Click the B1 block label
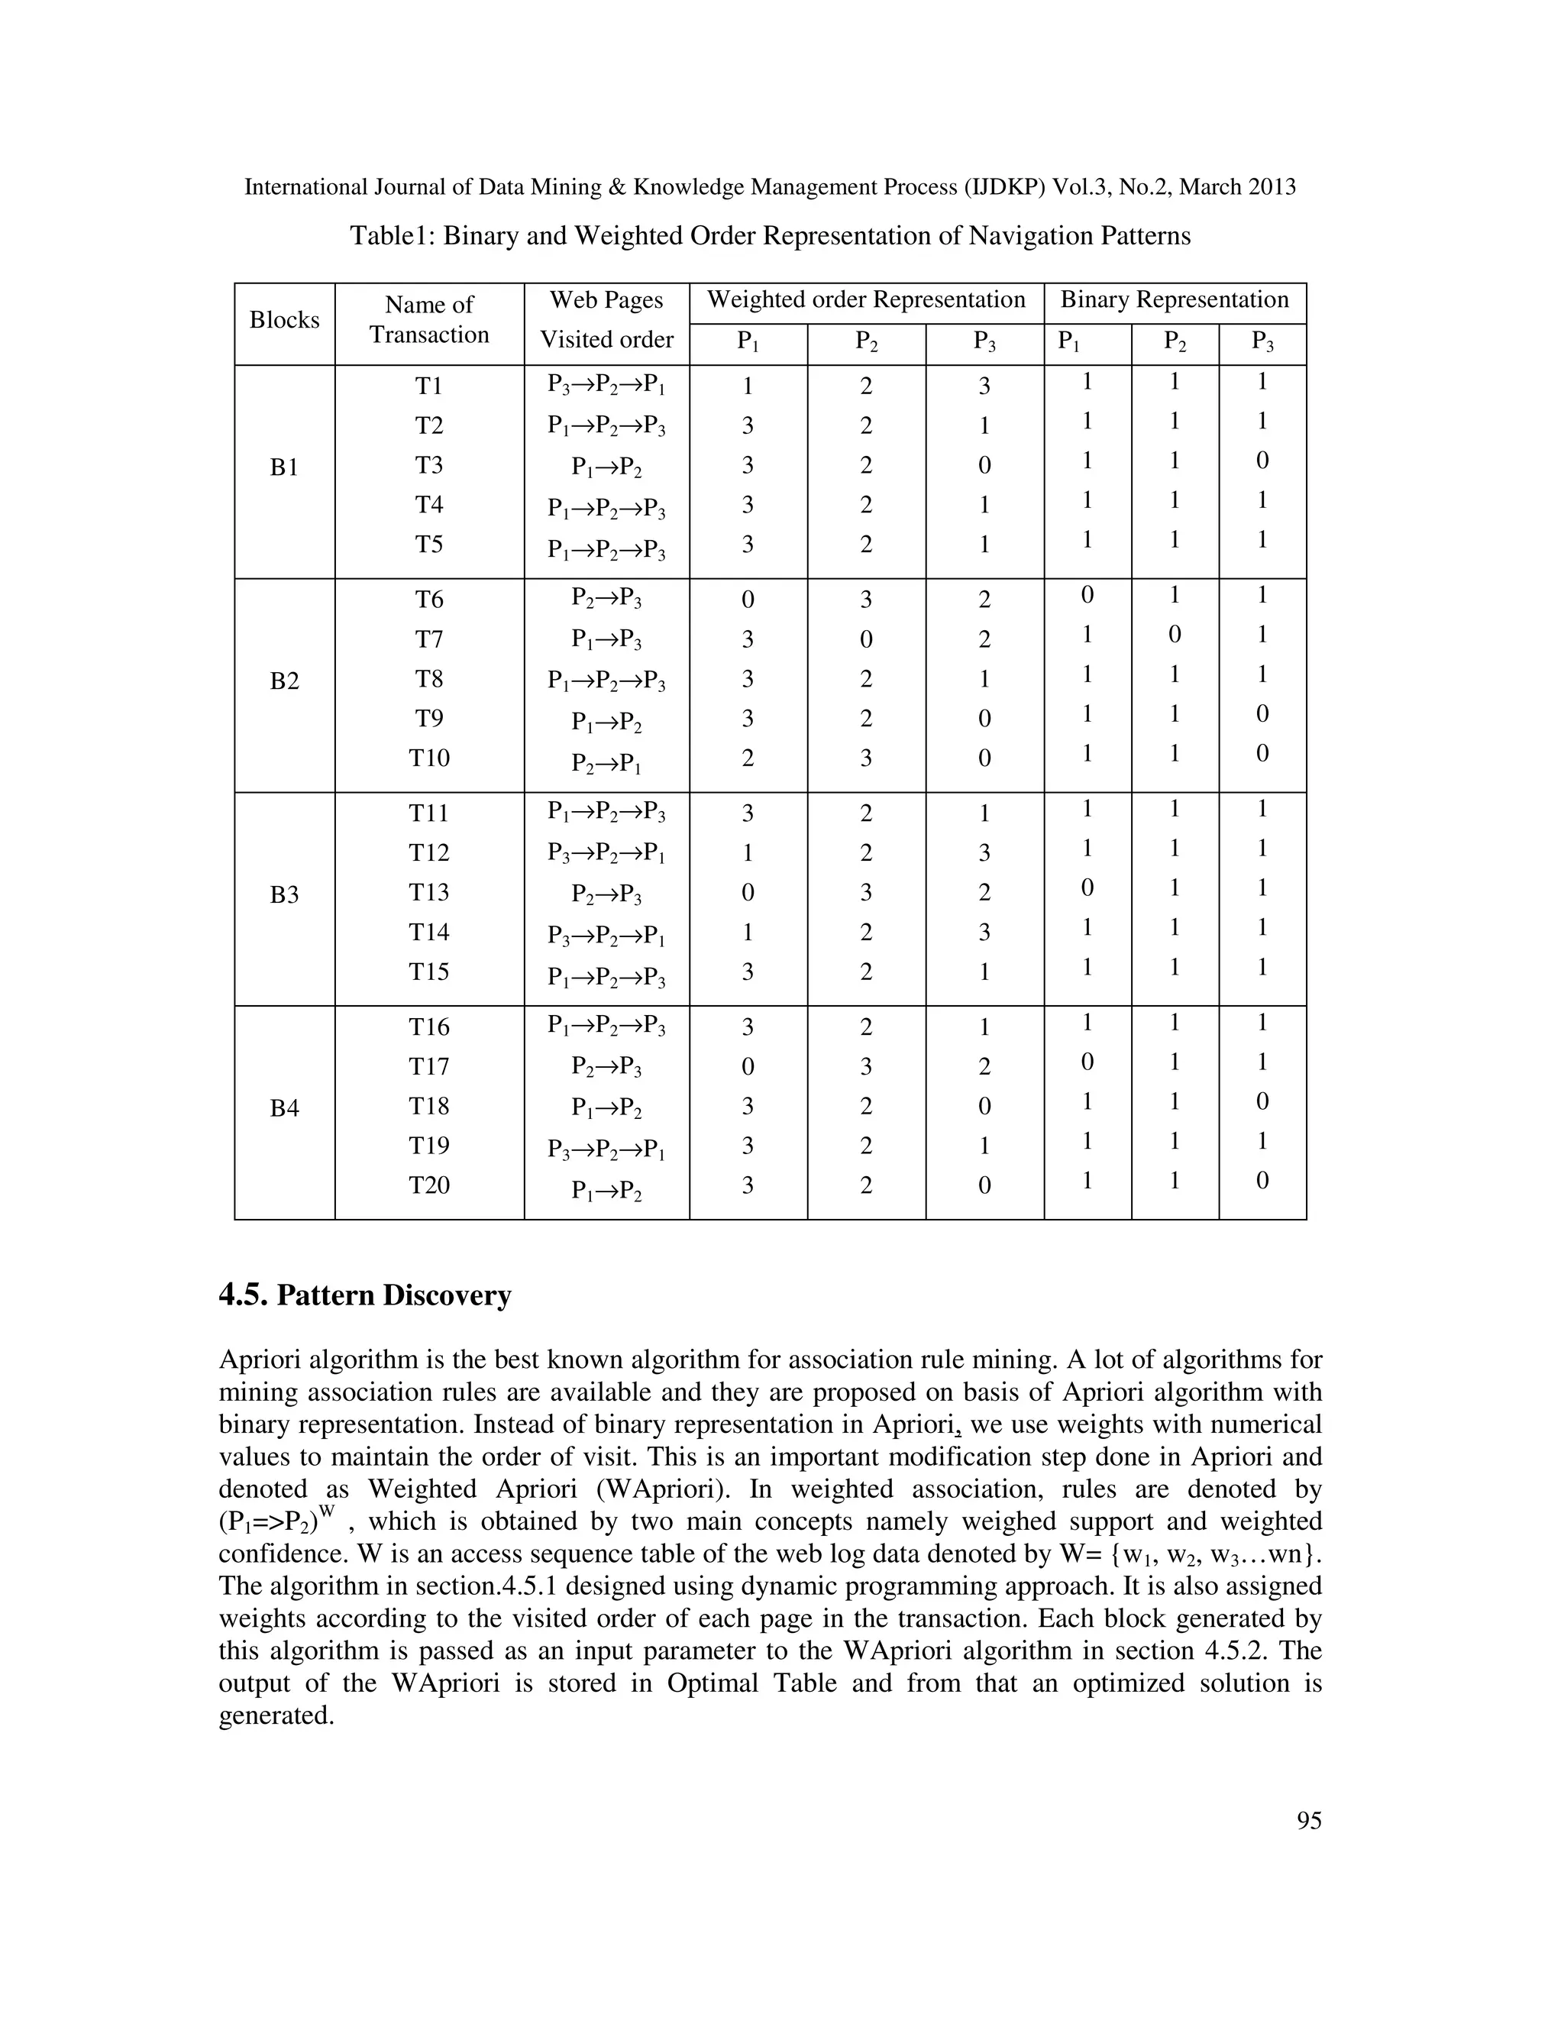pyautogui.click(x=284, y=468)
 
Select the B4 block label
pyautogui.click(x=284, y=1108)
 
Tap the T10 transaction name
pyautogui.click(x=429, y=758)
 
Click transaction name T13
pyautogui.click(x=429, y=892)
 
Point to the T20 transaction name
pyautogui.click(x=429, y=1185)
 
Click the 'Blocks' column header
pyautogui.click(x=284, y=320)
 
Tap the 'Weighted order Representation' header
pyautogui.click(x=865, y=300)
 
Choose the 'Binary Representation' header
pyautogui.click(x=1174, y=300)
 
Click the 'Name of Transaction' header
pyautogui.click(x=429, y=320)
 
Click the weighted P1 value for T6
pyautogui.click(x=748, y=600)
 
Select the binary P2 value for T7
pyautogui.click(x=1174, y=635)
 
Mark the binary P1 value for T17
pyautogui.click(x=1087, y=1062)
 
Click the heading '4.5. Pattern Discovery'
pyautogui.click(x=365, y=1295)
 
